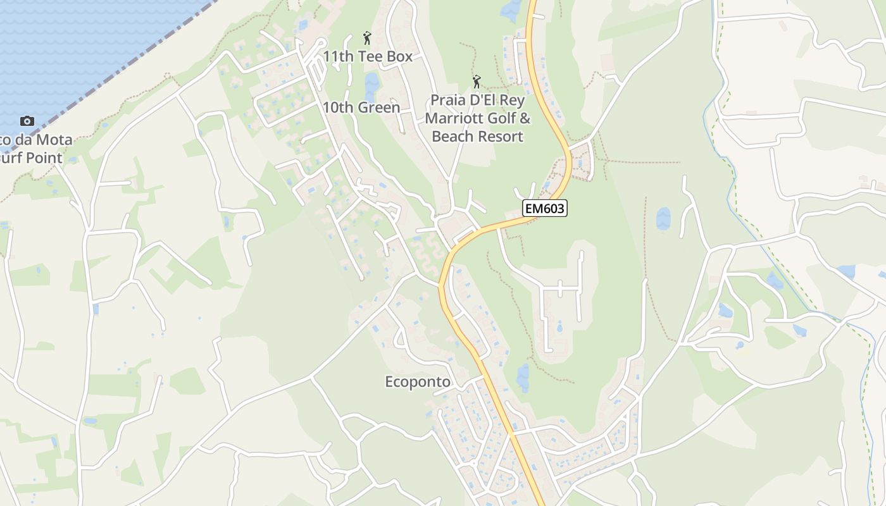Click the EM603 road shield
click(544, 207)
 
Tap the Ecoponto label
click(418, 382)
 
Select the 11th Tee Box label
click(367, 56)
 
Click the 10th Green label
click(361, 108)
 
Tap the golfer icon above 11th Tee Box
click(367, 39)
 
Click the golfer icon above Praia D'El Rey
click(477, 82)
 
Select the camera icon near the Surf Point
click(27, 121)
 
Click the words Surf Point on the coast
click(32, 158)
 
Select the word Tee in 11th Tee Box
click(371, 56)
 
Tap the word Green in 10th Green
click(378, 108)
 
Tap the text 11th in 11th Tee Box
click(338, 56)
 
